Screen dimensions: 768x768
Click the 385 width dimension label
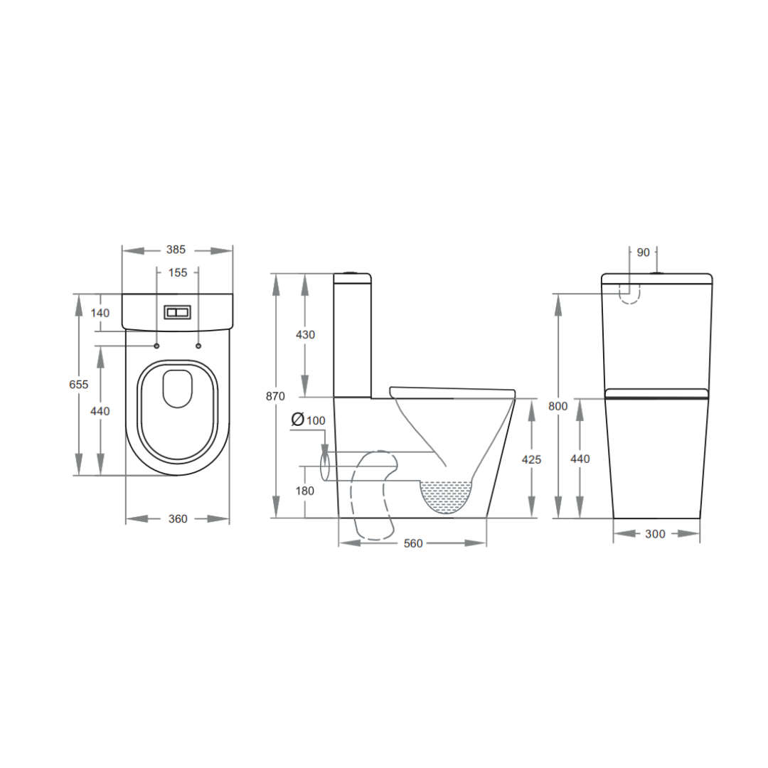[x=176, y=250]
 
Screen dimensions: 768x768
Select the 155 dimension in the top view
[x=178, y=272]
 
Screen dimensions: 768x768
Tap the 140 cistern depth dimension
[x=100, y=313]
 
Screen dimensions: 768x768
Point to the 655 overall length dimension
[x=78, y=384]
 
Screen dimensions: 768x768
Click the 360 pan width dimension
[x=178, y=519]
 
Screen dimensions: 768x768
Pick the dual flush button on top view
[x=177, y=312]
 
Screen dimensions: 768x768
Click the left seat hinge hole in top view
[x=156, y=346]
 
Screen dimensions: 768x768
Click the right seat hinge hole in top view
[x=198, y=346]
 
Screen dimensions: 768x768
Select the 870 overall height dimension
[x=275, y=396]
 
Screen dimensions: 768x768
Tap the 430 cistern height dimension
[x=305, y=334]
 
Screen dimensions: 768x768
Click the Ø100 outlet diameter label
[x=308, y=420]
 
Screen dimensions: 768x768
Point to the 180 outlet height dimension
[x=305, y=491]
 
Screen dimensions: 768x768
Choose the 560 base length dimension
[x=412, y=543]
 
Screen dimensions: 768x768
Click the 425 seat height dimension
[x=531, y=459]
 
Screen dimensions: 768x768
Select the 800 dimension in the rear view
[x=559, y=406]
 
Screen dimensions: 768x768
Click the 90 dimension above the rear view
[x=643, y=252]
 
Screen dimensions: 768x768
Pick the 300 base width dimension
[x=656, y=533]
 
